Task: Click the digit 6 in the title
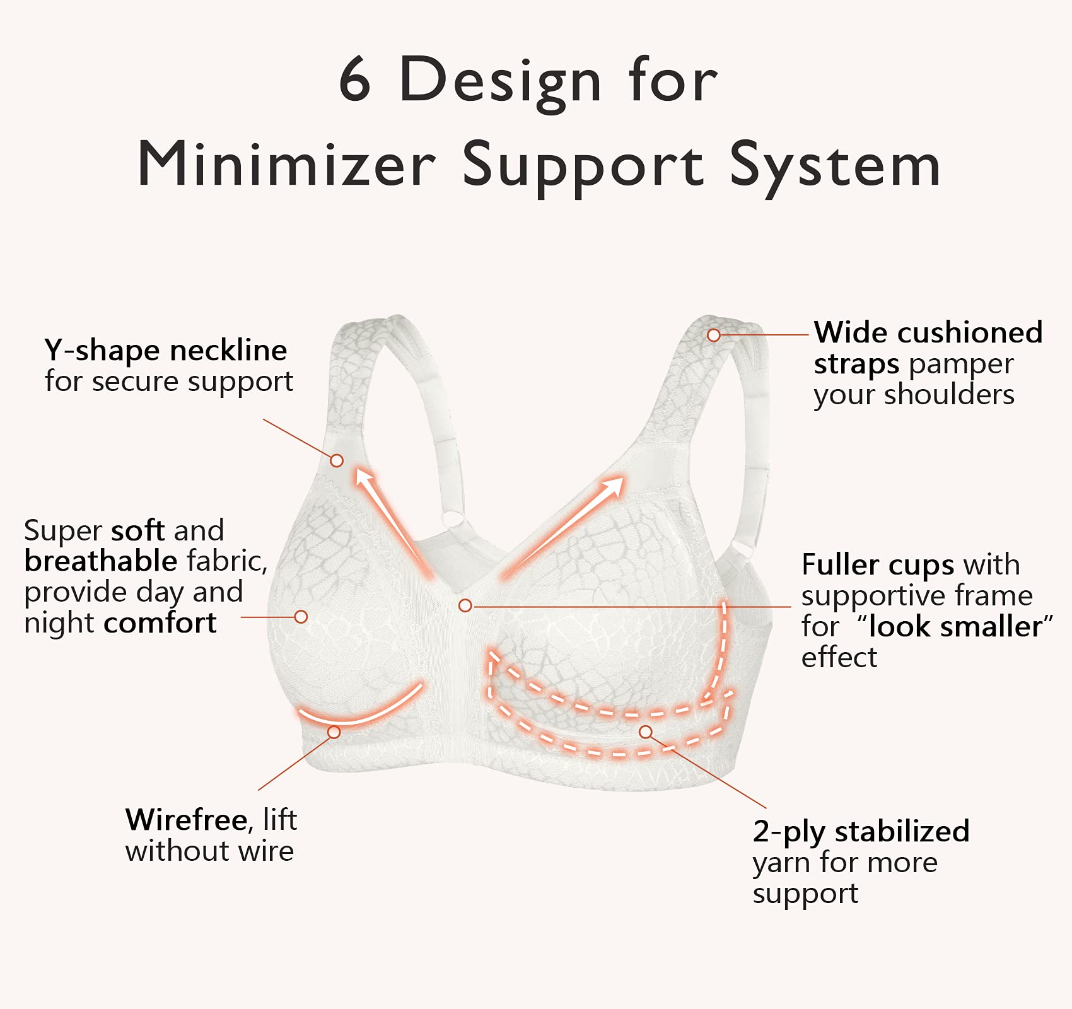click(354, 79)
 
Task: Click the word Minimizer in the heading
click(287, 165)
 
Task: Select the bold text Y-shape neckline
click(166, 350)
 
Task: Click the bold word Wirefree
click(186, 820)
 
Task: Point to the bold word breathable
click(101, 561)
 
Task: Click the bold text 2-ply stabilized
click(861, 831)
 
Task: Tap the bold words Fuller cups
click(877, 564)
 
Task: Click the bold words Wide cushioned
click(928, 332)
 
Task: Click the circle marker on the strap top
click(713, 335)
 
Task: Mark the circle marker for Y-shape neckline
click(337, 460)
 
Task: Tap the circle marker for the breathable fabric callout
click(301, 617)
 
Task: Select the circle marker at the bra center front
click(465, 605)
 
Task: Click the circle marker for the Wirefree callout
click(334, 732)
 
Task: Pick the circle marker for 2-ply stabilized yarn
click(645, 732)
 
